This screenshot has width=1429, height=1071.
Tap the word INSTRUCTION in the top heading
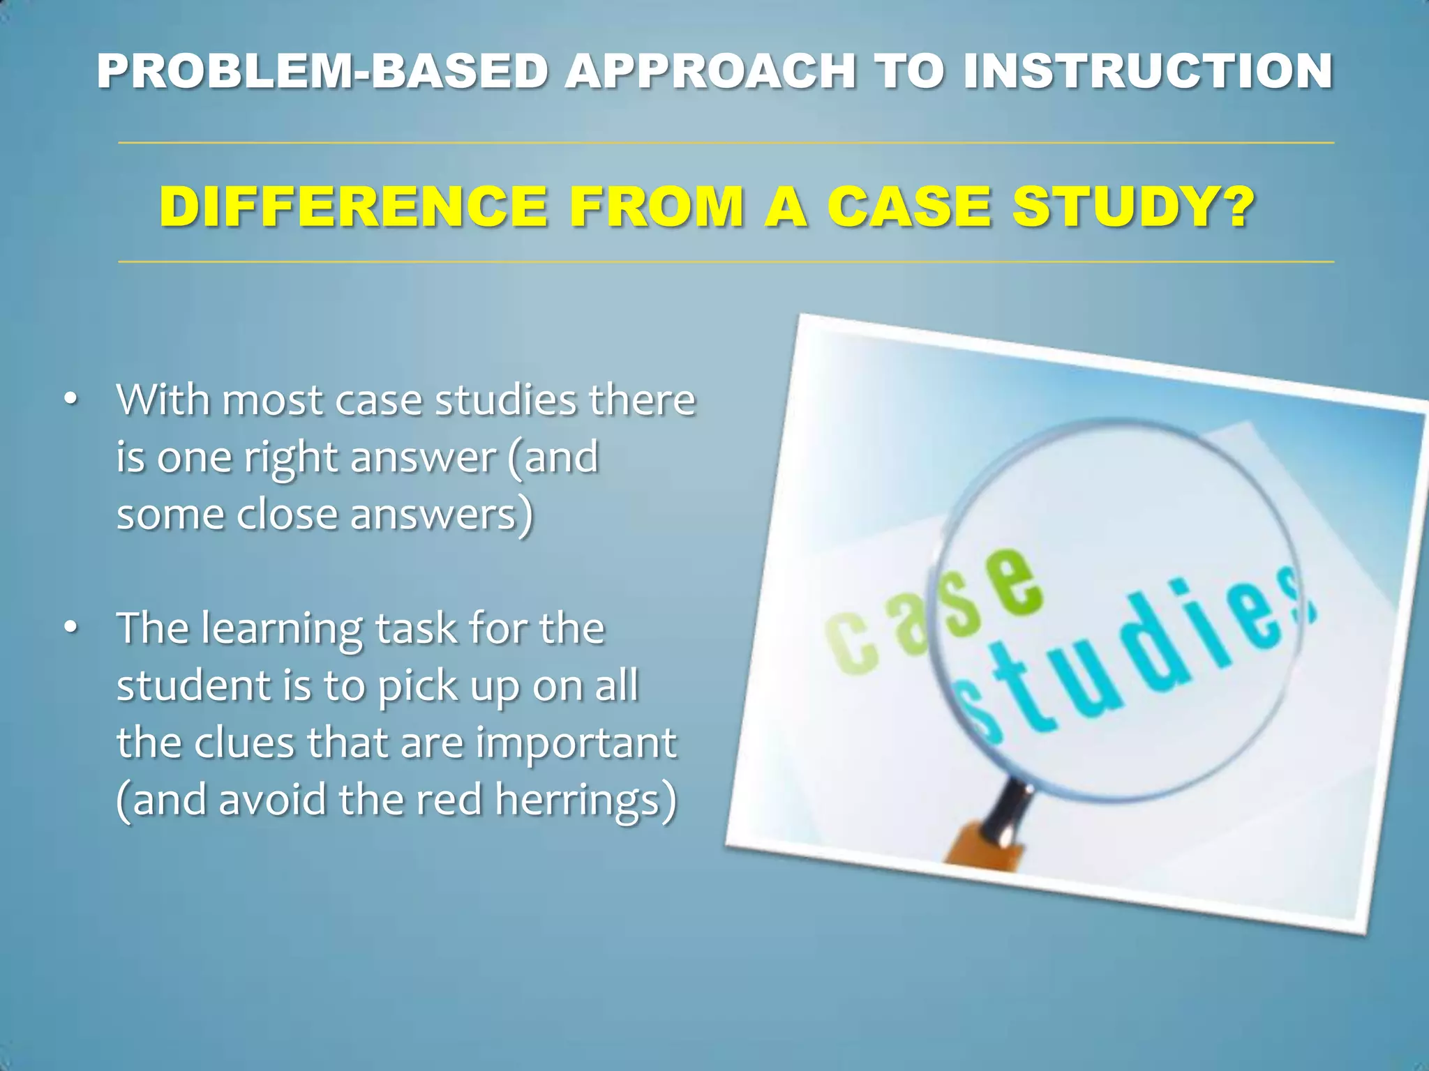(x=1148, y=72)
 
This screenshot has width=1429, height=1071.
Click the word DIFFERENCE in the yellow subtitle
(x=353, y=207)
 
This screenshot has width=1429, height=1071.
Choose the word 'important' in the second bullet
(x=576, y=743)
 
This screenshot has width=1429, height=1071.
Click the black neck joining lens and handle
(x=1008, y=809)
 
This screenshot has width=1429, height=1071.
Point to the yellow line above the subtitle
(x=726, y=143)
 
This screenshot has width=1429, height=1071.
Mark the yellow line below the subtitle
(x=726, y=262)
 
